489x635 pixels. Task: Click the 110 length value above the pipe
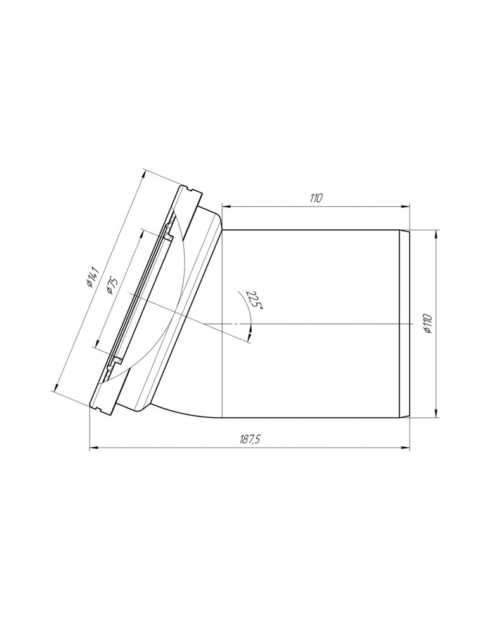[x=315, y=198]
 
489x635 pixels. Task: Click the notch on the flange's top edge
[x=190, y=187]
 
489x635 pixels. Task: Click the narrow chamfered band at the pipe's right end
[x=405, y=324]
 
